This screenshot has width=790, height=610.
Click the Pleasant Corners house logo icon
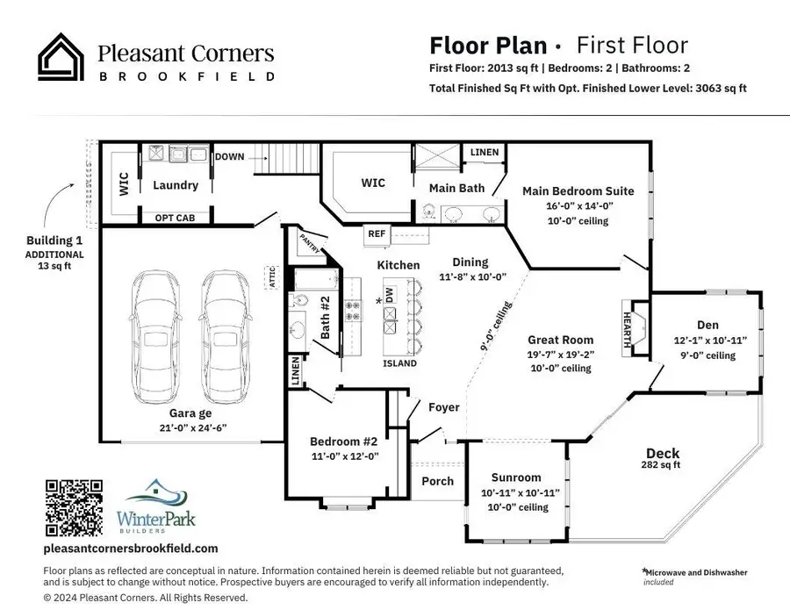pyautogui.click(x=61, y=57)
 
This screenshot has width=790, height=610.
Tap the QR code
pyautogui.click(x=73, y=508)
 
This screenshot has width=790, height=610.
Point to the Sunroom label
pyautogui.click(x=515, y=478)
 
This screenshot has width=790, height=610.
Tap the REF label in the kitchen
pyautogui.click(x=377, y=234)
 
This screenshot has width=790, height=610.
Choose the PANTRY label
pyautogui.click(x=308, y=238)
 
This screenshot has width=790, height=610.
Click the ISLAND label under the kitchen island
pyautogui.click(x=399, y=363)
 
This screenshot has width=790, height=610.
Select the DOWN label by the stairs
pyautogui.click(x=230, y=156)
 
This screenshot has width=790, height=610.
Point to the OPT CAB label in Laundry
pyautogui.click(x=175, y=218)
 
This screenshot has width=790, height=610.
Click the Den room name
pyautogui.click(x=707, y=325)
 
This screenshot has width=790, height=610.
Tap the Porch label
pyautogui.click(x=437, y=480)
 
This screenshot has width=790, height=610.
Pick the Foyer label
pyautogui.click(x=443, y=407)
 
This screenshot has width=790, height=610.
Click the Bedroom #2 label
pyautogui.click(x=343, y=441)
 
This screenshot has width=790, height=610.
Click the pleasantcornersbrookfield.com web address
pyautogui.click(x=130, y=549)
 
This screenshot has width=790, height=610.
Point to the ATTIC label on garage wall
pyautogui.click(x=272, y=276)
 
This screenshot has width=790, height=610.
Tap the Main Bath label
pyautogui.click(x=456, y=188)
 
